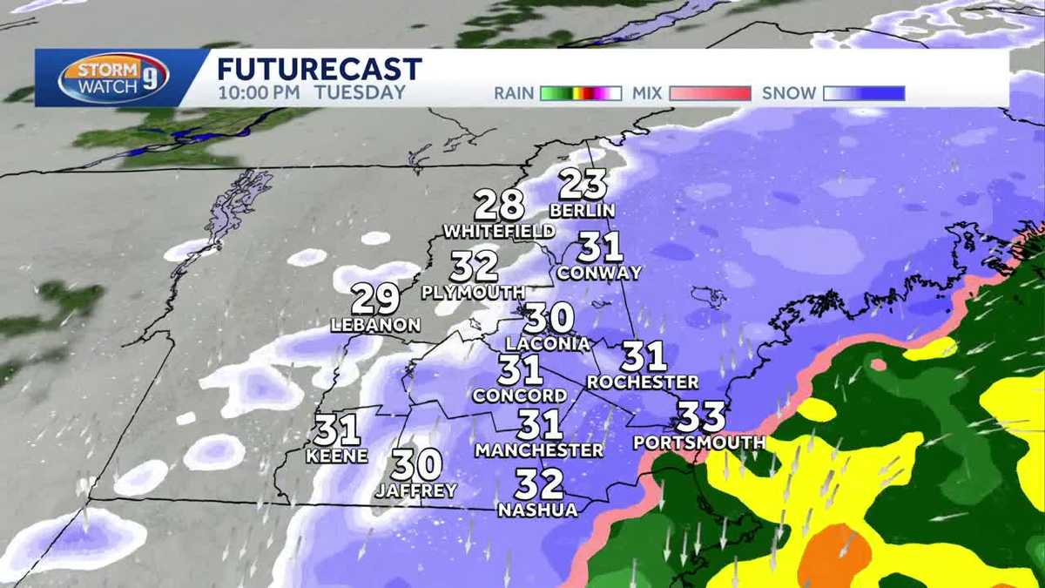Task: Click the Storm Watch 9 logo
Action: (x=113, y=78)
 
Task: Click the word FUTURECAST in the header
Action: (x=320, y=69)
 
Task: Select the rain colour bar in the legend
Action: (x=580, y=93)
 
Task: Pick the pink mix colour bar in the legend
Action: (x=710, y=93)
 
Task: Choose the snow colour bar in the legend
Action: (x=864, y=93)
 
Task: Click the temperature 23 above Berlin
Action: (x=583, y=185)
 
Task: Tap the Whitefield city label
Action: (x=499, y=232)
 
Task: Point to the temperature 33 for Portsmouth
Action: (x=701, y=416)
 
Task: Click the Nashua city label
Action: (x=538, y=510)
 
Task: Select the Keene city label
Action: (x=337, y=456)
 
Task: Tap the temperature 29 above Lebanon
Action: (x=375, y=299)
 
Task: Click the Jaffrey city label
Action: (x=416, y=491)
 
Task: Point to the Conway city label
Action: (x=599, y=273)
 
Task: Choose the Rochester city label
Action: (x=643, y=382)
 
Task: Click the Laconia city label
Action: (x=548, y=343)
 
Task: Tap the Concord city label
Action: (x=520, y=395)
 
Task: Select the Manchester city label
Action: (x=539, y=450)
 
